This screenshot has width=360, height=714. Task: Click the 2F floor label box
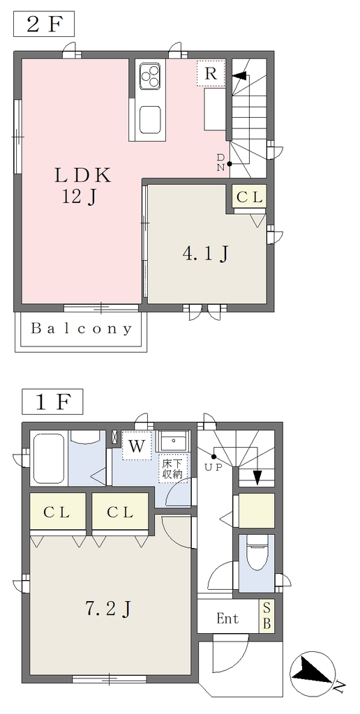(44, 24)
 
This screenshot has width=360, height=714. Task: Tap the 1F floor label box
(52, 401)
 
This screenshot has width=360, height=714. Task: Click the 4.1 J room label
(205, 254)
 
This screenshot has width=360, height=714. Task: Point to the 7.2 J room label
(108, 608)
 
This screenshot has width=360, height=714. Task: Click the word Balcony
(81, 329)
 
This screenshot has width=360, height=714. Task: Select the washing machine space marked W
(136, 446)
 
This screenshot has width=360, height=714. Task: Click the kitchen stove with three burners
(151, 75)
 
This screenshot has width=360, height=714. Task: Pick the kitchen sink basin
(151, 120)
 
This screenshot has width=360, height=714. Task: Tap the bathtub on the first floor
(48, 459)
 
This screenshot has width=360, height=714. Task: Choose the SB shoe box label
(267, 616)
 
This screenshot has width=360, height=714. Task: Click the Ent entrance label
(227, 619)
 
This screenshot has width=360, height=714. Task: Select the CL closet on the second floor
(249, 197)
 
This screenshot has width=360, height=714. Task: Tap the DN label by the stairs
(220, 162)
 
